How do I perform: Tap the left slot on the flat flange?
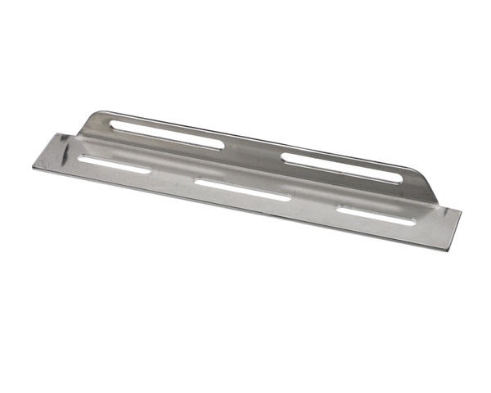[115, 163]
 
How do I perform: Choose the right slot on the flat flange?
[376, 216]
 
